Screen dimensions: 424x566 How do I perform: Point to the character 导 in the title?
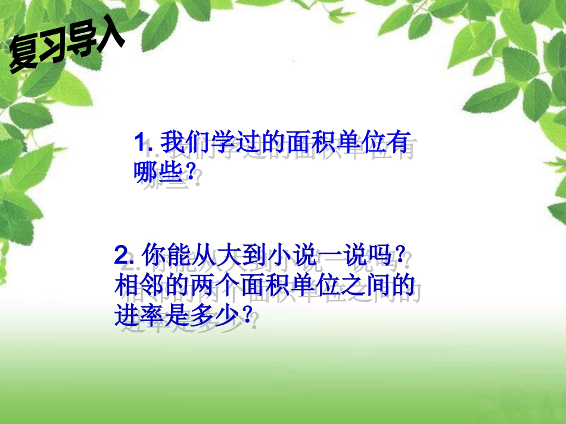point(82,43)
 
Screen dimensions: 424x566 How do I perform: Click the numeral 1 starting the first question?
point(140,144)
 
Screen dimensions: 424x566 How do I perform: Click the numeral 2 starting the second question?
point(122,257)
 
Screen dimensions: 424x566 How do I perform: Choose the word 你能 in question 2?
point(170,257)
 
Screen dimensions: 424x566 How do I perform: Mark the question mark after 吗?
point(403,257)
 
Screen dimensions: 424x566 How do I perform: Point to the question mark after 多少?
point(241,315)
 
